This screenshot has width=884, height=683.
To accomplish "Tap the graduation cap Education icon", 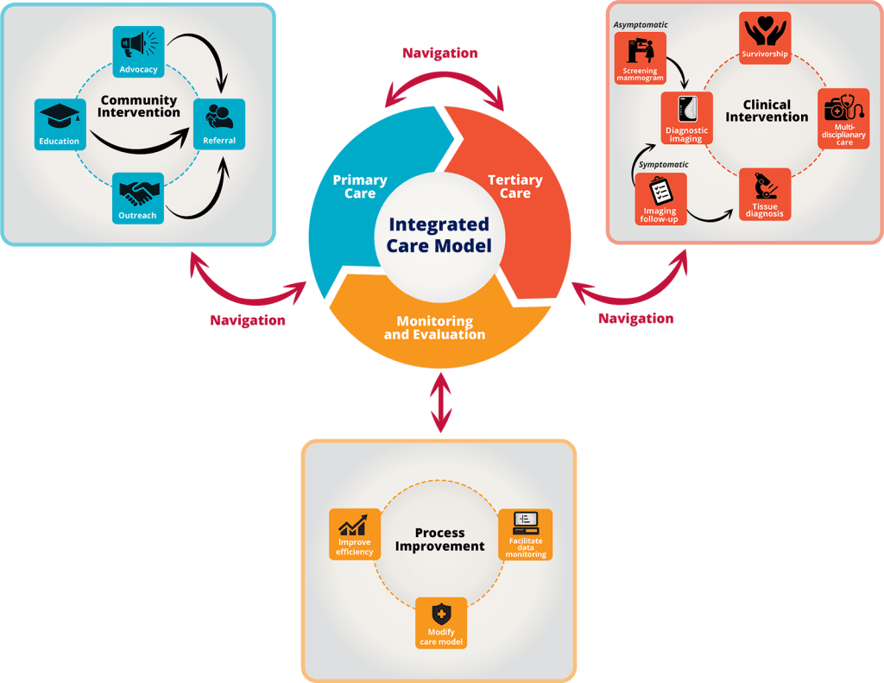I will (60, 117).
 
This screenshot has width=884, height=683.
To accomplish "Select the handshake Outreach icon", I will (138, 191).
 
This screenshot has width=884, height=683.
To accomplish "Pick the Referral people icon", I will (219, 116).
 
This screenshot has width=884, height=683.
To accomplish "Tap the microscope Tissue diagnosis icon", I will (764, 187).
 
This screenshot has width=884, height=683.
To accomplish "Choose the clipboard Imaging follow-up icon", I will (660, 189).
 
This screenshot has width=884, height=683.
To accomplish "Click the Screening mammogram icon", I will (640, 51).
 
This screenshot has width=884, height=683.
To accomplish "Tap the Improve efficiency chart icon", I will (355, 525).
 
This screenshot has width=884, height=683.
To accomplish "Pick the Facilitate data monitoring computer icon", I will (526, 522).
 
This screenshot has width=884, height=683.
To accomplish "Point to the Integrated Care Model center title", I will (439, 235).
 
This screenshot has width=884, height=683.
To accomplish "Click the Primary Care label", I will (360, 187).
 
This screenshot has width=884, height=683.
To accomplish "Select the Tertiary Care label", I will (515, 187).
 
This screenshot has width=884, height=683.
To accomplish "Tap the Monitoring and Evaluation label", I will (434, 327).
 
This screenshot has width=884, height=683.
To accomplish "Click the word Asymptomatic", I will (640, 24).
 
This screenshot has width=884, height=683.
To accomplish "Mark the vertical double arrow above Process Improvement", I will (441, 402).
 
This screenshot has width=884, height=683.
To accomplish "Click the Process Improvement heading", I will (439, 539).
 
